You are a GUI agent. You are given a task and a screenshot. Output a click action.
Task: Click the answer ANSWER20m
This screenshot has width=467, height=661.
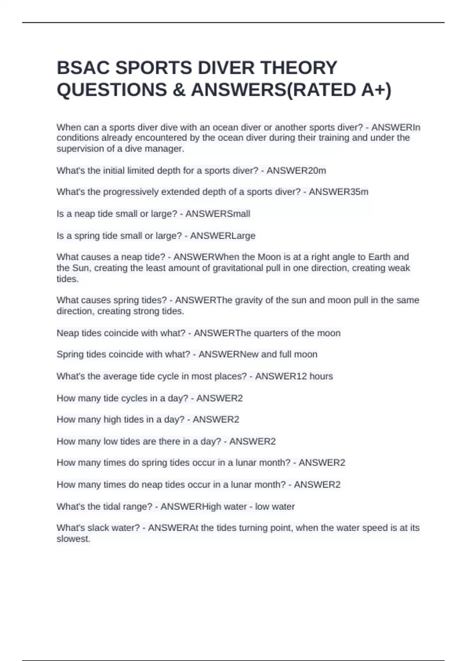click(296, 171)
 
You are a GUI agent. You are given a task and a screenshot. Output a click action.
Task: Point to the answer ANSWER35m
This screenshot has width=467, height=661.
click(339, 192)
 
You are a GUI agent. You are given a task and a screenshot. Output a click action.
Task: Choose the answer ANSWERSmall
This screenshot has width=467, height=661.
click(218, 214)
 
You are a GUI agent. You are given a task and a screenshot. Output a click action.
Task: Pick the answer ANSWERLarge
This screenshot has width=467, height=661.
click(223, 236)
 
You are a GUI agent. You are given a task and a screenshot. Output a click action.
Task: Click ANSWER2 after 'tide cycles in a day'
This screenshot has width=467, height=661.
click(219, 398)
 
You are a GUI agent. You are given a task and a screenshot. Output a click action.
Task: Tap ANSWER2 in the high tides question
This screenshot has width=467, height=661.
click(216, 420)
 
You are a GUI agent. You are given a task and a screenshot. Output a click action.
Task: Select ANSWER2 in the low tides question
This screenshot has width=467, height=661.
click(253, 441)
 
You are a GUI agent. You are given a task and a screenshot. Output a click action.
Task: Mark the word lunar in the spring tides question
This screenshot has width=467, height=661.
click(244, 463)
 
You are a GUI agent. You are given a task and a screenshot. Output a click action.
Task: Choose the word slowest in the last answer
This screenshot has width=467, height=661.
click(73, 539)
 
